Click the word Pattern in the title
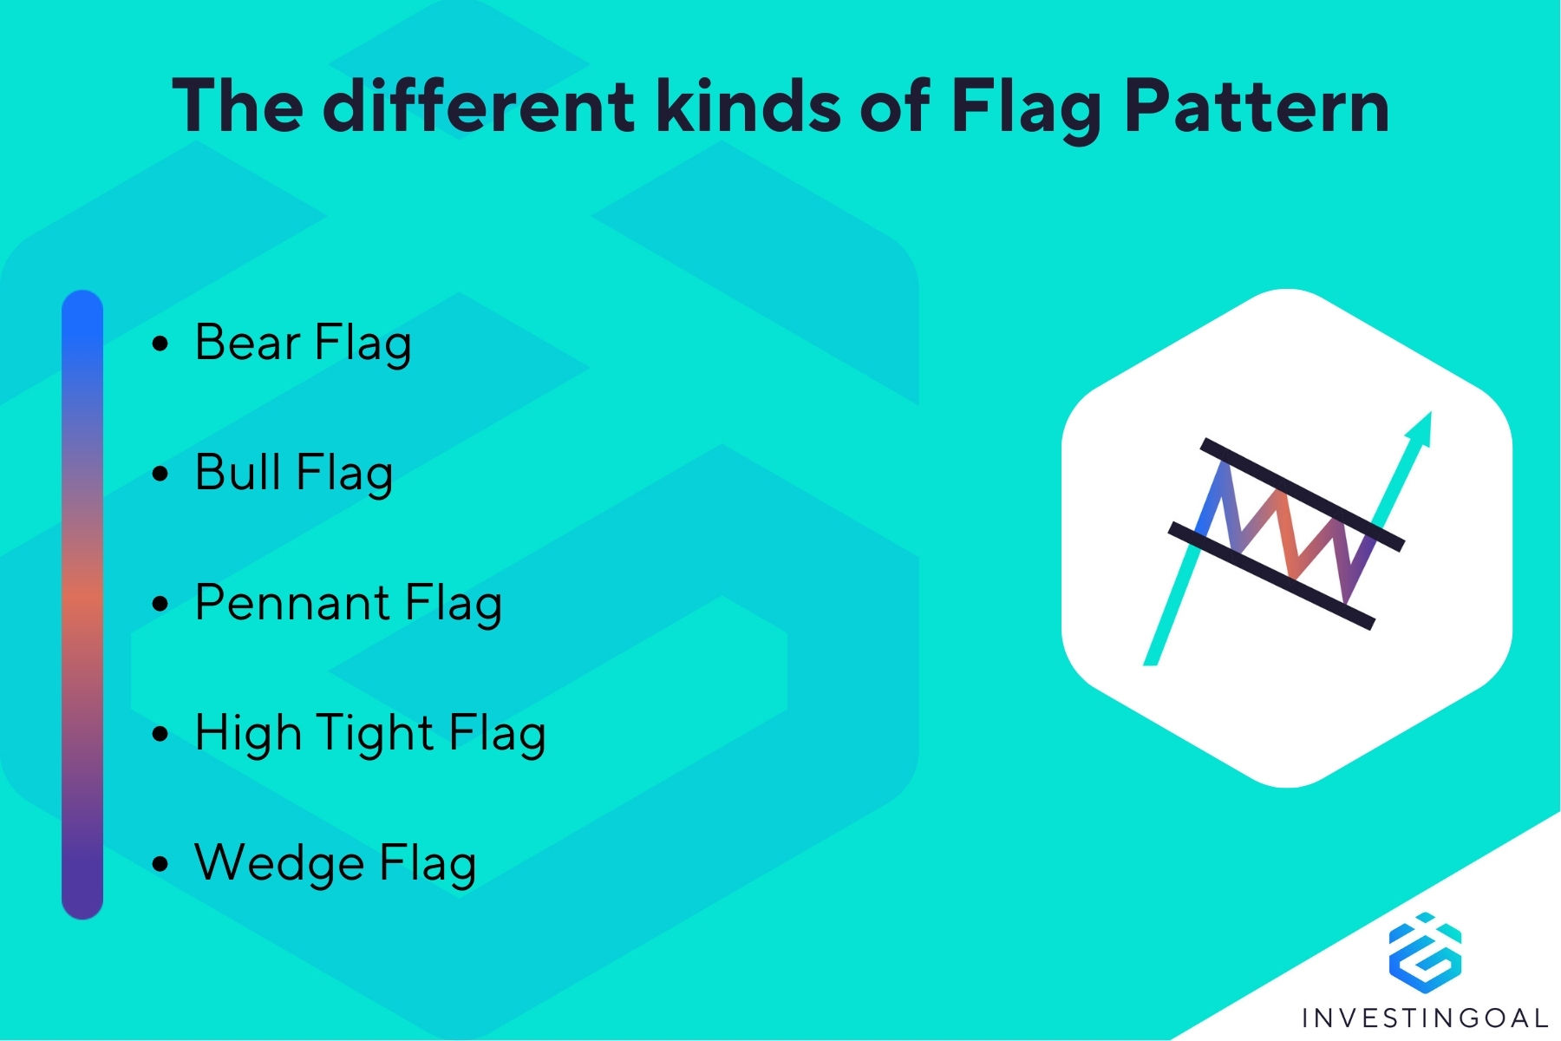click(1257, 107)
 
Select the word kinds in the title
click(747, 105)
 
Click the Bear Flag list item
click(303, 344)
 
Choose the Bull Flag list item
click(293, 474)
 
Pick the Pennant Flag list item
click(348, 604)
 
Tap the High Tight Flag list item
click(369, 734)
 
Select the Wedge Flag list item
click(335, 864)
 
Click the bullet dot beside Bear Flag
click(160, 344)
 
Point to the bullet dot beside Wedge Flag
click(160, 865)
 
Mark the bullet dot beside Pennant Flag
click(160, 605)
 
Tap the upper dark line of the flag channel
click(1302, 494)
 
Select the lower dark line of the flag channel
click(1271, 575)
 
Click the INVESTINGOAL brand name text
click(1425, 1018)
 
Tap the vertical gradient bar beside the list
click(82, 605)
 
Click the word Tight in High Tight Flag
click(375, 734)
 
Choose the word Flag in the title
click(1027, 107)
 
